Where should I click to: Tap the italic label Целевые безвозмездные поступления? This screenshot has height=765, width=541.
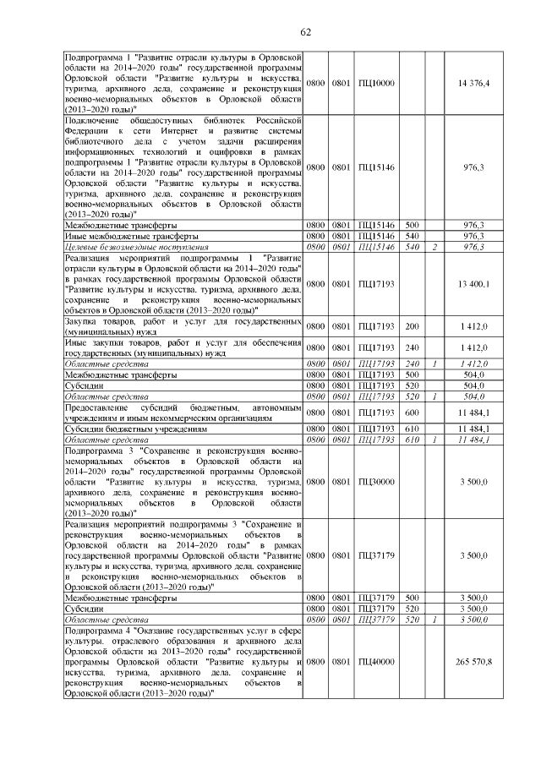tap(125, 247)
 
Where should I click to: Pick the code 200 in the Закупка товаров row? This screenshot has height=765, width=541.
tap(413, 325)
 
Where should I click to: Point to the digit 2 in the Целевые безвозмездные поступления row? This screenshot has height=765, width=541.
tap(434, 247)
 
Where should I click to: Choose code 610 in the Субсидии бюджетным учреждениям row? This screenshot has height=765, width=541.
tap(413, 429)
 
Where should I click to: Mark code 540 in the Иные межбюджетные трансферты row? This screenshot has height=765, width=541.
tap(413, 236)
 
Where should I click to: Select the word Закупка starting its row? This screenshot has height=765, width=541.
tap(84, 321)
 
